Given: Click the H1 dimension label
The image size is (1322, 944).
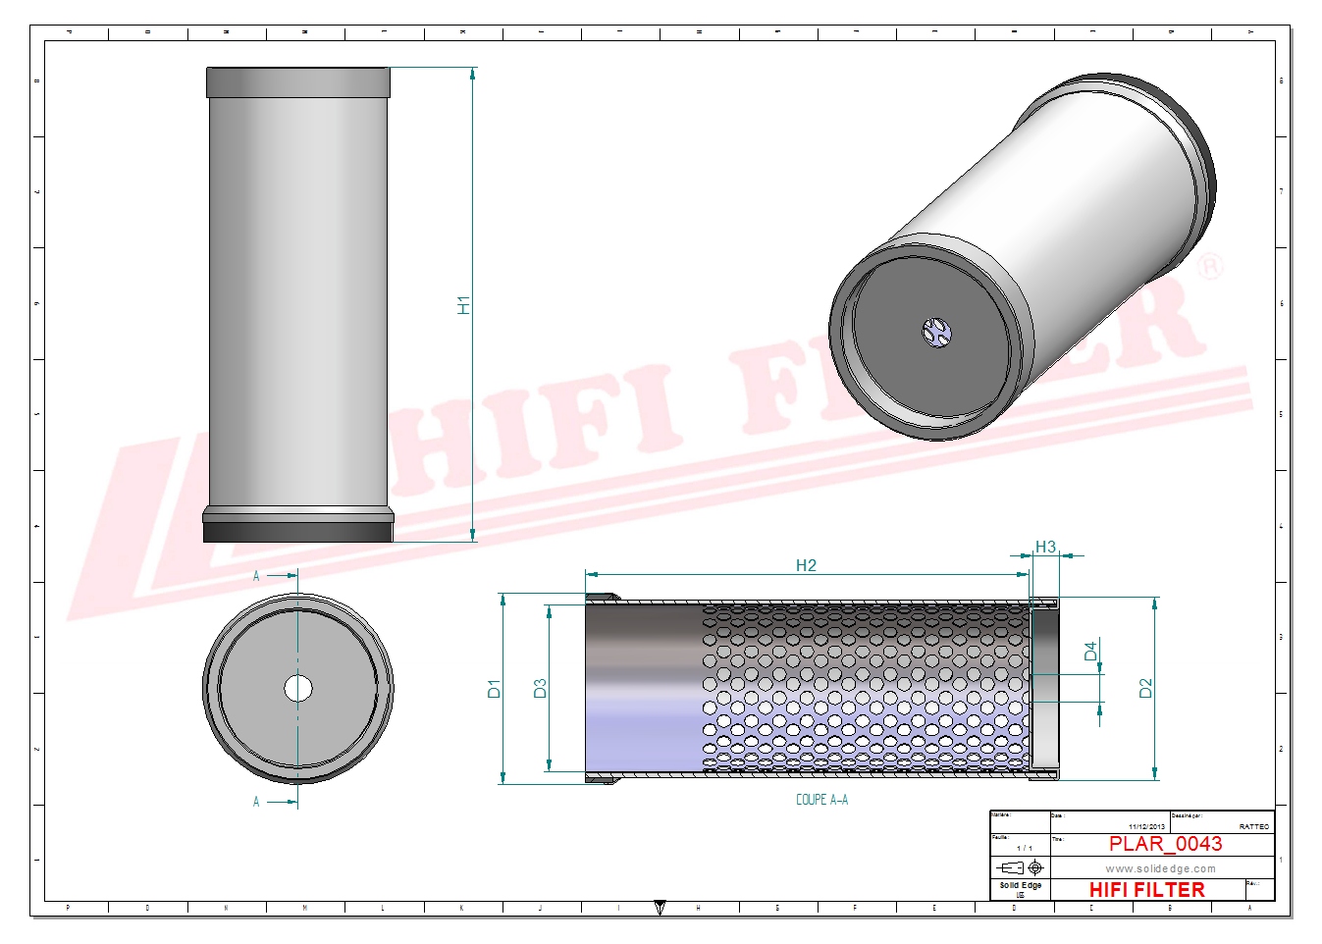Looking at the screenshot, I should point(464,305).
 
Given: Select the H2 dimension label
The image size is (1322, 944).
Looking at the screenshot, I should point(806,565).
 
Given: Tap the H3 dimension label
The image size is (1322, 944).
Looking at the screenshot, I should point(1045,547).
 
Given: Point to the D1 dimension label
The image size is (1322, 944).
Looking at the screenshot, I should point(494,689).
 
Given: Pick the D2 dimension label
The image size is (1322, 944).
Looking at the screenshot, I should point(1145,689).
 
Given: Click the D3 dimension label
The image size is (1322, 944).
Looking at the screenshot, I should point(539,689).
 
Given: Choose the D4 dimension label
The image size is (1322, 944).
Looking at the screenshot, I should point(1090,652).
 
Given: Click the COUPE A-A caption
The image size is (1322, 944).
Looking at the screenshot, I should point(821,800).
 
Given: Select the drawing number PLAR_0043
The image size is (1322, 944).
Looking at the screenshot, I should point(1165,844).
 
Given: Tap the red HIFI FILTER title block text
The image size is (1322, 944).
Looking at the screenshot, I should point(1146,890).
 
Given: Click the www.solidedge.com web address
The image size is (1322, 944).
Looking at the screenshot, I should point(1160,868).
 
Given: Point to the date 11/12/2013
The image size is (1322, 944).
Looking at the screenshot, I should point(1146,826).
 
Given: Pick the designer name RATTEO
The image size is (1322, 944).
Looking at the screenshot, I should point(1253,826).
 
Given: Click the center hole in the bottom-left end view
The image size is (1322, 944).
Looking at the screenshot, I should point(298,689).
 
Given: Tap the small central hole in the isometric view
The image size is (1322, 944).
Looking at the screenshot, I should point(937,332).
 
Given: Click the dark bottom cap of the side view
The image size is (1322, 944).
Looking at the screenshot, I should point(298,531).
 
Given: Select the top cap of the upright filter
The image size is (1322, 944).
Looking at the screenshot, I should point(298,81).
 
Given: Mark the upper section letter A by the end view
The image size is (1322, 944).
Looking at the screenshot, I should point(257,576).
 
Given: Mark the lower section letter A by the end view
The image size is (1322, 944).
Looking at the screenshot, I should point(257,802).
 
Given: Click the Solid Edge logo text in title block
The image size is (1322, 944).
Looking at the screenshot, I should point(1020,885).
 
